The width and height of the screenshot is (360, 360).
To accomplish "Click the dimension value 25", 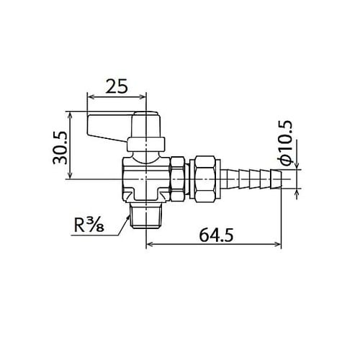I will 116,86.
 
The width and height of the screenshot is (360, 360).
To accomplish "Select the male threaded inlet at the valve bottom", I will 146,215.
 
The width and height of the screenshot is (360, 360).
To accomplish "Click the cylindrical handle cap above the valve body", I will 147,130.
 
